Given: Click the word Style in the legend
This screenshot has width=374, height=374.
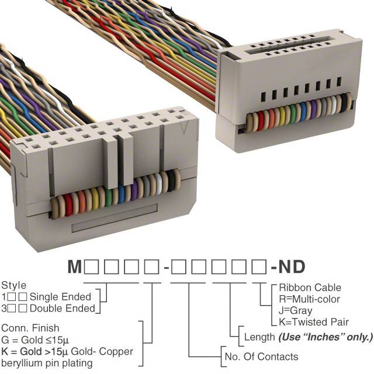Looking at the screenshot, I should [x=14, y=286].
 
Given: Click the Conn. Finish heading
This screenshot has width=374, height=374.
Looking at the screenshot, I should [x=31, y=328].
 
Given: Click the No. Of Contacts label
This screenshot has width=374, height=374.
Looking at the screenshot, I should [x=261, y=356].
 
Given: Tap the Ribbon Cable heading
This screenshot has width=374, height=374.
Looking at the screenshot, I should [x=310, y=288].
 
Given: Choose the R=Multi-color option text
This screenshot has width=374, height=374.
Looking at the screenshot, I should [x=309, y=299].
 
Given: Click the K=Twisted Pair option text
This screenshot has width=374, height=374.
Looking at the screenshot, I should [x=314, y=321].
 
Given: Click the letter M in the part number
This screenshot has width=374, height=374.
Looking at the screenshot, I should [x=74, y=268].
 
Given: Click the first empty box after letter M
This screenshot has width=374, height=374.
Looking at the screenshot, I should [x=91, y=268].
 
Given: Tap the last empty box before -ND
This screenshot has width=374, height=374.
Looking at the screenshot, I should [x=259, y=268].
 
